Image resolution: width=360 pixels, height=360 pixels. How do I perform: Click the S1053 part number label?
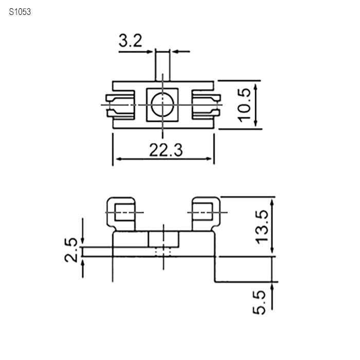[20, 12]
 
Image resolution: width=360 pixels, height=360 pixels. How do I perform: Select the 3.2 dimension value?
[131, 41]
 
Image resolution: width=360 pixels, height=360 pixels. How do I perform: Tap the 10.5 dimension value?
[244, 105]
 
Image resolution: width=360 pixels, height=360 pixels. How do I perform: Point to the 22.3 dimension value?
[166, 150]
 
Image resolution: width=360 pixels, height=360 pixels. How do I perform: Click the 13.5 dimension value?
[262, 227]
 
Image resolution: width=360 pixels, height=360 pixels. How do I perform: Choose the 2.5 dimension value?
[71, 250]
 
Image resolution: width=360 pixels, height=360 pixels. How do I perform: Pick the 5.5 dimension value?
[259, 302]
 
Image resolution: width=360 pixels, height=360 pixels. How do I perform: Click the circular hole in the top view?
[163, 105]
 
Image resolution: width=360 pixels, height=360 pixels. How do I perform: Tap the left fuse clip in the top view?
[120, 105]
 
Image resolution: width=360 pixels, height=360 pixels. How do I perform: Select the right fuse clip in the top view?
[206, 105]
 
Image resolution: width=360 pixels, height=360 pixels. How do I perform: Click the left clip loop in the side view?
[121, 214]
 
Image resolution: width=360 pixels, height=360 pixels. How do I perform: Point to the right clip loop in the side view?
[206, 214]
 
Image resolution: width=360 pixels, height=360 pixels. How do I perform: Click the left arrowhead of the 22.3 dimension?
[119, 158]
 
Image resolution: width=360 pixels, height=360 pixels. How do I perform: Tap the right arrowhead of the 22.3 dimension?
[208, 158]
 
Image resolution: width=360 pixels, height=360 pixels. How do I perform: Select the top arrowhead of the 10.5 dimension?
[256, 87]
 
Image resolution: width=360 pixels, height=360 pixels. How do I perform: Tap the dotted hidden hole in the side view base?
[163, 252]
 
